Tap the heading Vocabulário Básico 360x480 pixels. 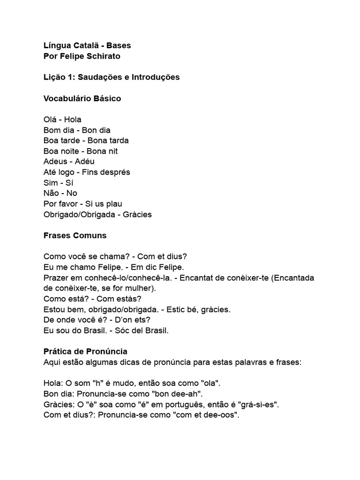click(x=82, y=98)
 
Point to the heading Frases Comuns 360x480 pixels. click(x=75, y=235)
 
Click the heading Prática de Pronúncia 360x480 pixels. click(x=85, y=351)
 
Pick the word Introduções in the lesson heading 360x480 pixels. click(x=156, y=77)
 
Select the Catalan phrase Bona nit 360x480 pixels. click(x=102, y=151)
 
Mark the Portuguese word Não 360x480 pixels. click(x=51, y=193)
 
